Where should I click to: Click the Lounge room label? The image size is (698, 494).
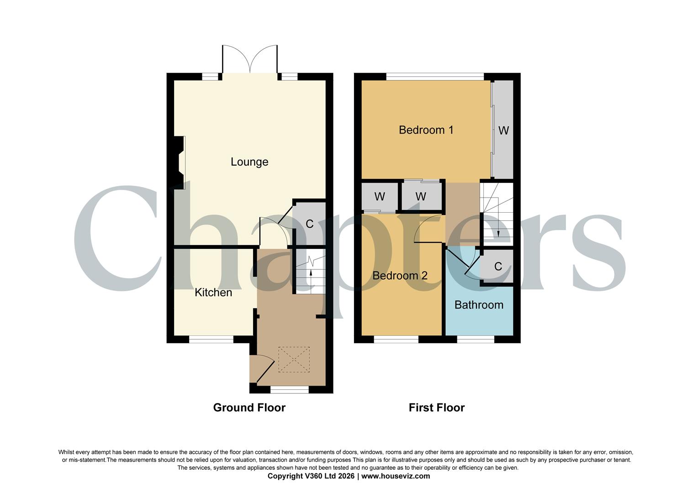[249, 162]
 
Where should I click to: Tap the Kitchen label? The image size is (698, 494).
[213, 292]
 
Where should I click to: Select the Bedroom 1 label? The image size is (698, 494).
[426, 130]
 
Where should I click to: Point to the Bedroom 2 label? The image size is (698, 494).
[400, 276]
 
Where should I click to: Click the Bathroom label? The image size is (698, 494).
[479, 305]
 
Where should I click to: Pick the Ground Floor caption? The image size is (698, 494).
[249, 408]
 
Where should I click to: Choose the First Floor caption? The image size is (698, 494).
[436, 408]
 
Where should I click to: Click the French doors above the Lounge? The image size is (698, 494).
[249, 59]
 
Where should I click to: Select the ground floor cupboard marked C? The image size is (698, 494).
[309, 224]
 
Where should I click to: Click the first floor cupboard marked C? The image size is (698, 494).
[498, 267]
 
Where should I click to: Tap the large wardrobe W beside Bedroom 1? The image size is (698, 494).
[503, 130]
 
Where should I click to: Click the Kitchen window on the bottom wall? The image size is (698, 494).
[211, 339]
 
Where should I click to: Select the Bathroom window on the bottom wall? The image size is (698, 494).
[476, 339]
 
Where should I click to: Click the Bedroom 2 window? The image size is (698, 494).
[396, 339]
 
